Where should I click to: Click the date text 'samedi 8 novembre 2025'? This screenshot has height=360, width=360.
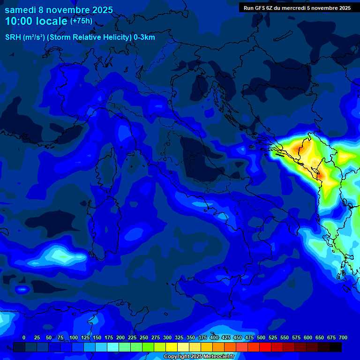click(x=59, y=10)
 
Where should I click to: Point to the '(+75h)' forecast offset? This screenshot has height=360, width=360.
click(x=81, y=21)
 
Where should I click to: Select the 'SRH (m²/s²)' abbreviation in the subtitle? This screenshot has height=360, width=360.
click(x=25, y=37)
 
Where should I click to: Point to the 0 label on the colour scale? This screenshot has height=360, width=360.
click(x=24, y=337)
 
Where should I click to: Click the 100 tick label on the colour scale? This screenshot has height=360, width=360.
click(x=74, y=337)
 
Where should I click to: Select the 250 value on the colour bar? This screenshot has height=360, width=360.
click(x=144, y=337)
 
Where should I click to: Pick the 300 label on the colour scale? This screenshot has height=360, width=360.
click(x=167, y=337)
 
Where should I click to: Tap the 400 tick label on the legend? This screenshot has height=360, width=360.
click(x=214, y=337)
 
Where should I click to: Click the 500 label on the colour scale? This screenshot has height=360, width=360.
click(x=261, y=337)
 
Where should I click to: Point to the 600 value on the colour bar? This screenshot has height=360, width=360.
click(x=308, y=337)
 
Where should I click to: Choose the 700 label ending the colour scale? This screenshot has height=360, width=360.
click(x=343, y=337)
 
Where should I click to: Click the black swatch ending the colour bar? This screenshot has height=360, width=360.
click(x=336, y=347)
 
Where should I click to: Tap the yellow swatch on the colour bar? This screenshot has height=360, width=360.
click(x=172, y=347)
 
